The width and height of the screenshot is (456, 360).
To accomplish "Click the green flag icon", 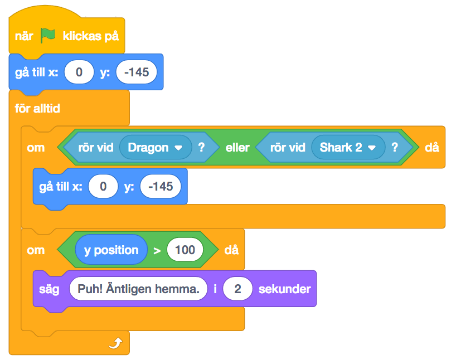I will click(x=48, y=36).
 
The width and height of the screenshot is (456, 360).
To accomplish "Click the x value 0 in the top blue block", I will click(x=79, y=72).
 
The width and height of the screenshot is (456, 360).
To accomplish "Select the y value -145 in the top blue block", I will click(x=137, y=72).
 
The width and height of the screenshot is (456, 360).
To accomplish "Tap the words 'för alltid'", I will click(x=37, y=108).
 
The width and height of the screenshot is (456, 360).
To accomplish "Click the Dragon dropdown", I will click(x=155, y=148).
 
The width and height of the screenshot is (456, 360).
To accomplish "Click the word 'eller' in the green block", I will click(x=237, y=148).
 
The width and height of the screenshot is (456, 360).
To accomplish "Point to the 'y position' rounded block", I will click(x=111, y=250).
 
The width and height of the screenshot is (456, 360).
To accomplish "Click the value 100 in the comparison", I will click(x=185, y=250).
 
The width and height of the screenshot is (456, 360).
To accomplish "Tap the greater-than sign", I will click(x=157, y=250).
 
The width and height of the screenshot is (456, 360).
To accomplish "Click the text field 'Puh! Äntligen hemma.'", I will click(x=138, y=289).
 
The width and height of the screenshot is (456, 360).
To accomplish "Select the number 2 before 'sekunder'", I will click(x=237, y=289).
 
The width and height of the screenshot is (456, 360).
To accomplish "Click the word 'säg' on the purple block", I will click(x=49, y=289).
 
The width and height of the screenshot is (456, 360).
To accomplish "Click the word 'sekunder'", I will click(x=284, y=289).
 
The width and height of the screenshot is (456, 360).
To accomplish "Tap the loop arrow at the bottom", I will click(x=115, y=344).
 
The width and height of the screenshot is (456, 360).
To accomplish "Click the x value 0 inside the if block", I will click(x=103, y=187).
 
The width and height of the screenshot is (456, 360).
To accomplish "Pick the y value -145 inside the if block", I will click(x=161, y=187).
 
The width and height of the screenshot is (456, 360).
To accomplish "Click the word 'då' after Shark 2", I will click(x=431, y=148).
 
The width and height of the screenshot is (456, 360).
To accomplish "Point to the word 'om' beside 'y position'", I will click(x=36, y=250).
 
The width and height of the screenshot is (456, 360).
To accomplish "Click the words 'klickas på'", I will click(x=90, y=36).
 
